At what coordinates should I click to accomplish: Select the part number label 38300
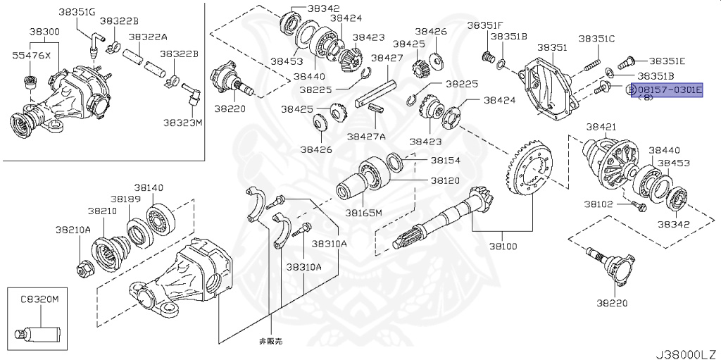pos(44,32)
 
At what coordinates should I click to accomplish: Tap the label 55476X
pos(31,54)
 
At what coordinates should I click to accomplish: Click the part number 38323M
pos(182,122)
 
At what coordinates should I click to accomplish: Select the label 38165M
pos(363,212)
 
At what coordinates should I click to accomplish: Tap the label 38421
pos(602,127)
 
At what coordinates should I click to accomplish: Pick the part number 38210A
pos(74,230)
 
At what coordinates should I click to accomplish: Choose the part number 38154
pos(445,161)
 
